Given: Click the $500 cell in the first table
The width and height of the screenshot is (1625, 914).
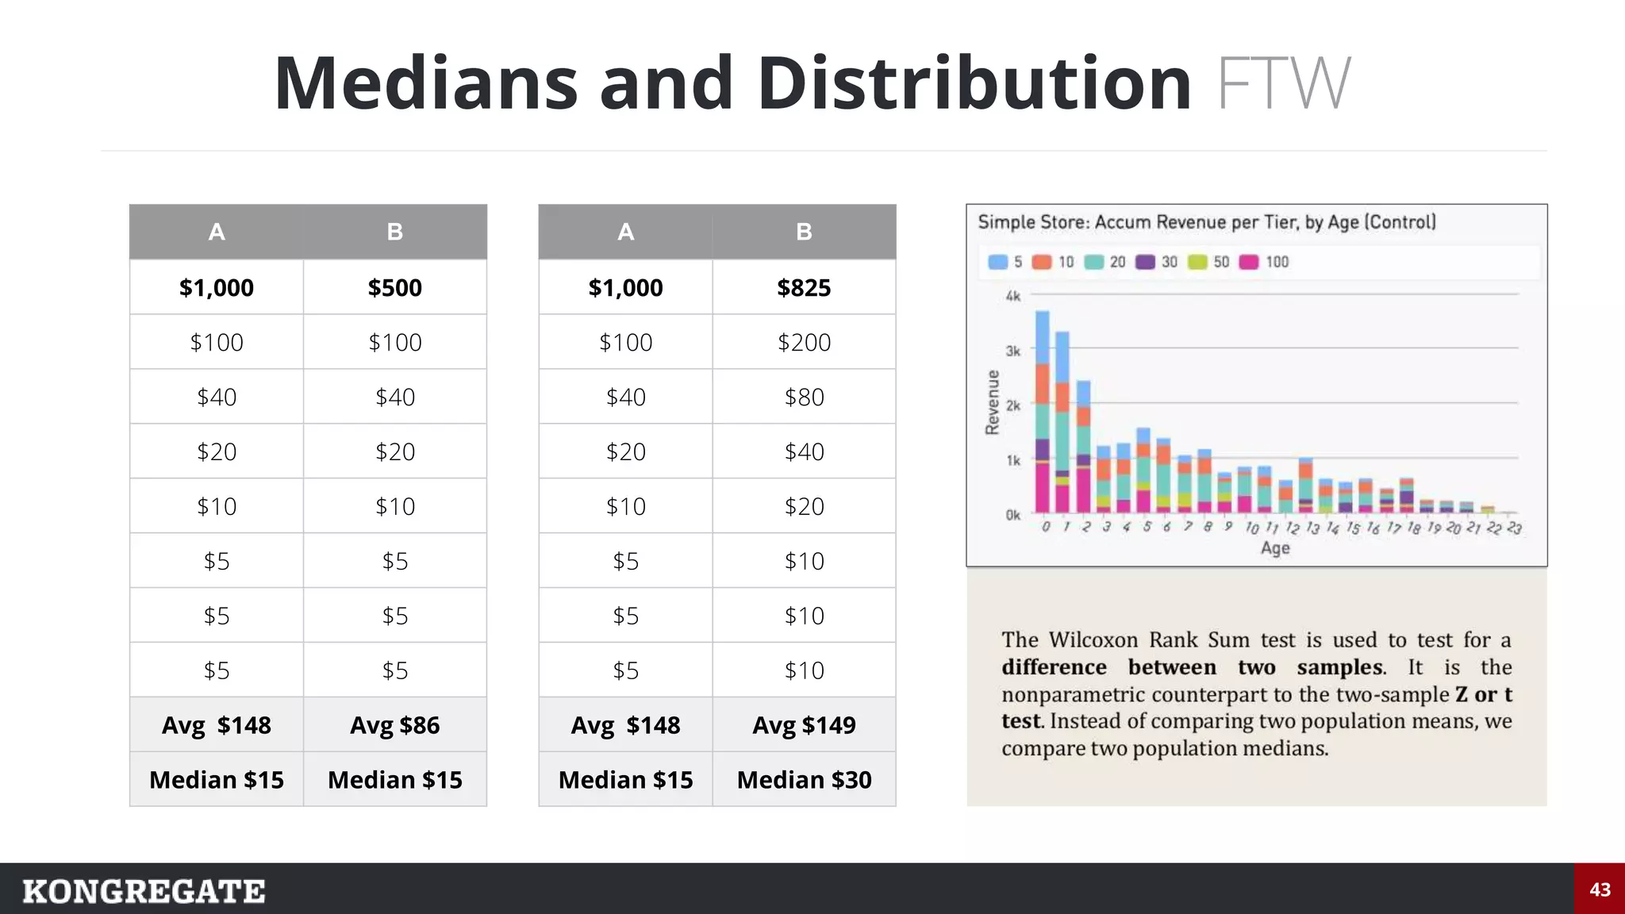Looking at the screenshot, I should tap(394, 287).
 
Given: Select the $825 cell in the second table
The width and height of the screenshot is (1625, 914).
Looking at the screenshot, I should tap(804, 287).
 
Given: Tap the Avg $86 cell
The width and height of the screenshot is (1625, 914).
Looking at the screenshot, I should tap(394, 724).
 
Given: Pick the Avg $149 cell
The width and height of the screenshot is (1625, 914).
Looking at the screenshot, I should tap(804, 724).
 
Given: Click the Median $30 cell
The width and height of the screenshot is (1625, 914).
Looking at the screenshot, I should tap(804, 779).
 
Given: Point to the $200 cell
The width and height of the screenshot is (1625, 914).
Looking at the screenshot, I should tap(804, 342).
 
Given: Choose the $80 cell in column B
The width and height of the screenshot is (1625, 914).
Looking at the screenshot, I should tap(804, 397).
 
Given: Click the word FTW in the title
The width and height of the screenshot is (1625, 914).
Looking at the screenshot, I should tap(1283, 83).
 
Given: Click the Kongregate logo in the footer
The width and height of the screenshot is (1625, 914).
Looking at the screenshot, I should tap(144, 891).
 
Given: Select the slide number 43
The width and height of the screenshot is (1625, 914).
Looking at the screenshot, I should tap(1600, 889).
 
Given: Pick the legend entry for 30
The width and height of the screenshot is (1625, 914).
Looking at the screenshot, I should tap(1158, 262).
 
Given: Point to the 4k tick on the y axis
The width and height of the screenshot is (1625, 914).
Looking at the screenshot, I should tap(1012, 296).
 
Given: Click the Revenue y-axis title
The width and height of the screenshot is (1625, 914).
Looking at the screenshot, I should tap(992, 402).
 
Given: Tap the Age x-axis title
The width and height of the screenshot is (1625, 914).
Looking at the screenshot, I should tap(1275, 547).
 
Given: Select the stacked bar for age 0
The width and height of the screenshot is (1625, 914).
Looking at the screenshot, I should tap(1043, 413).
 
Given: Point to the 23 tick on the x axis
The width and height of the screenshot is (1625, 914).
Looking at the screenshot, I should tap(1514, 528).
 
